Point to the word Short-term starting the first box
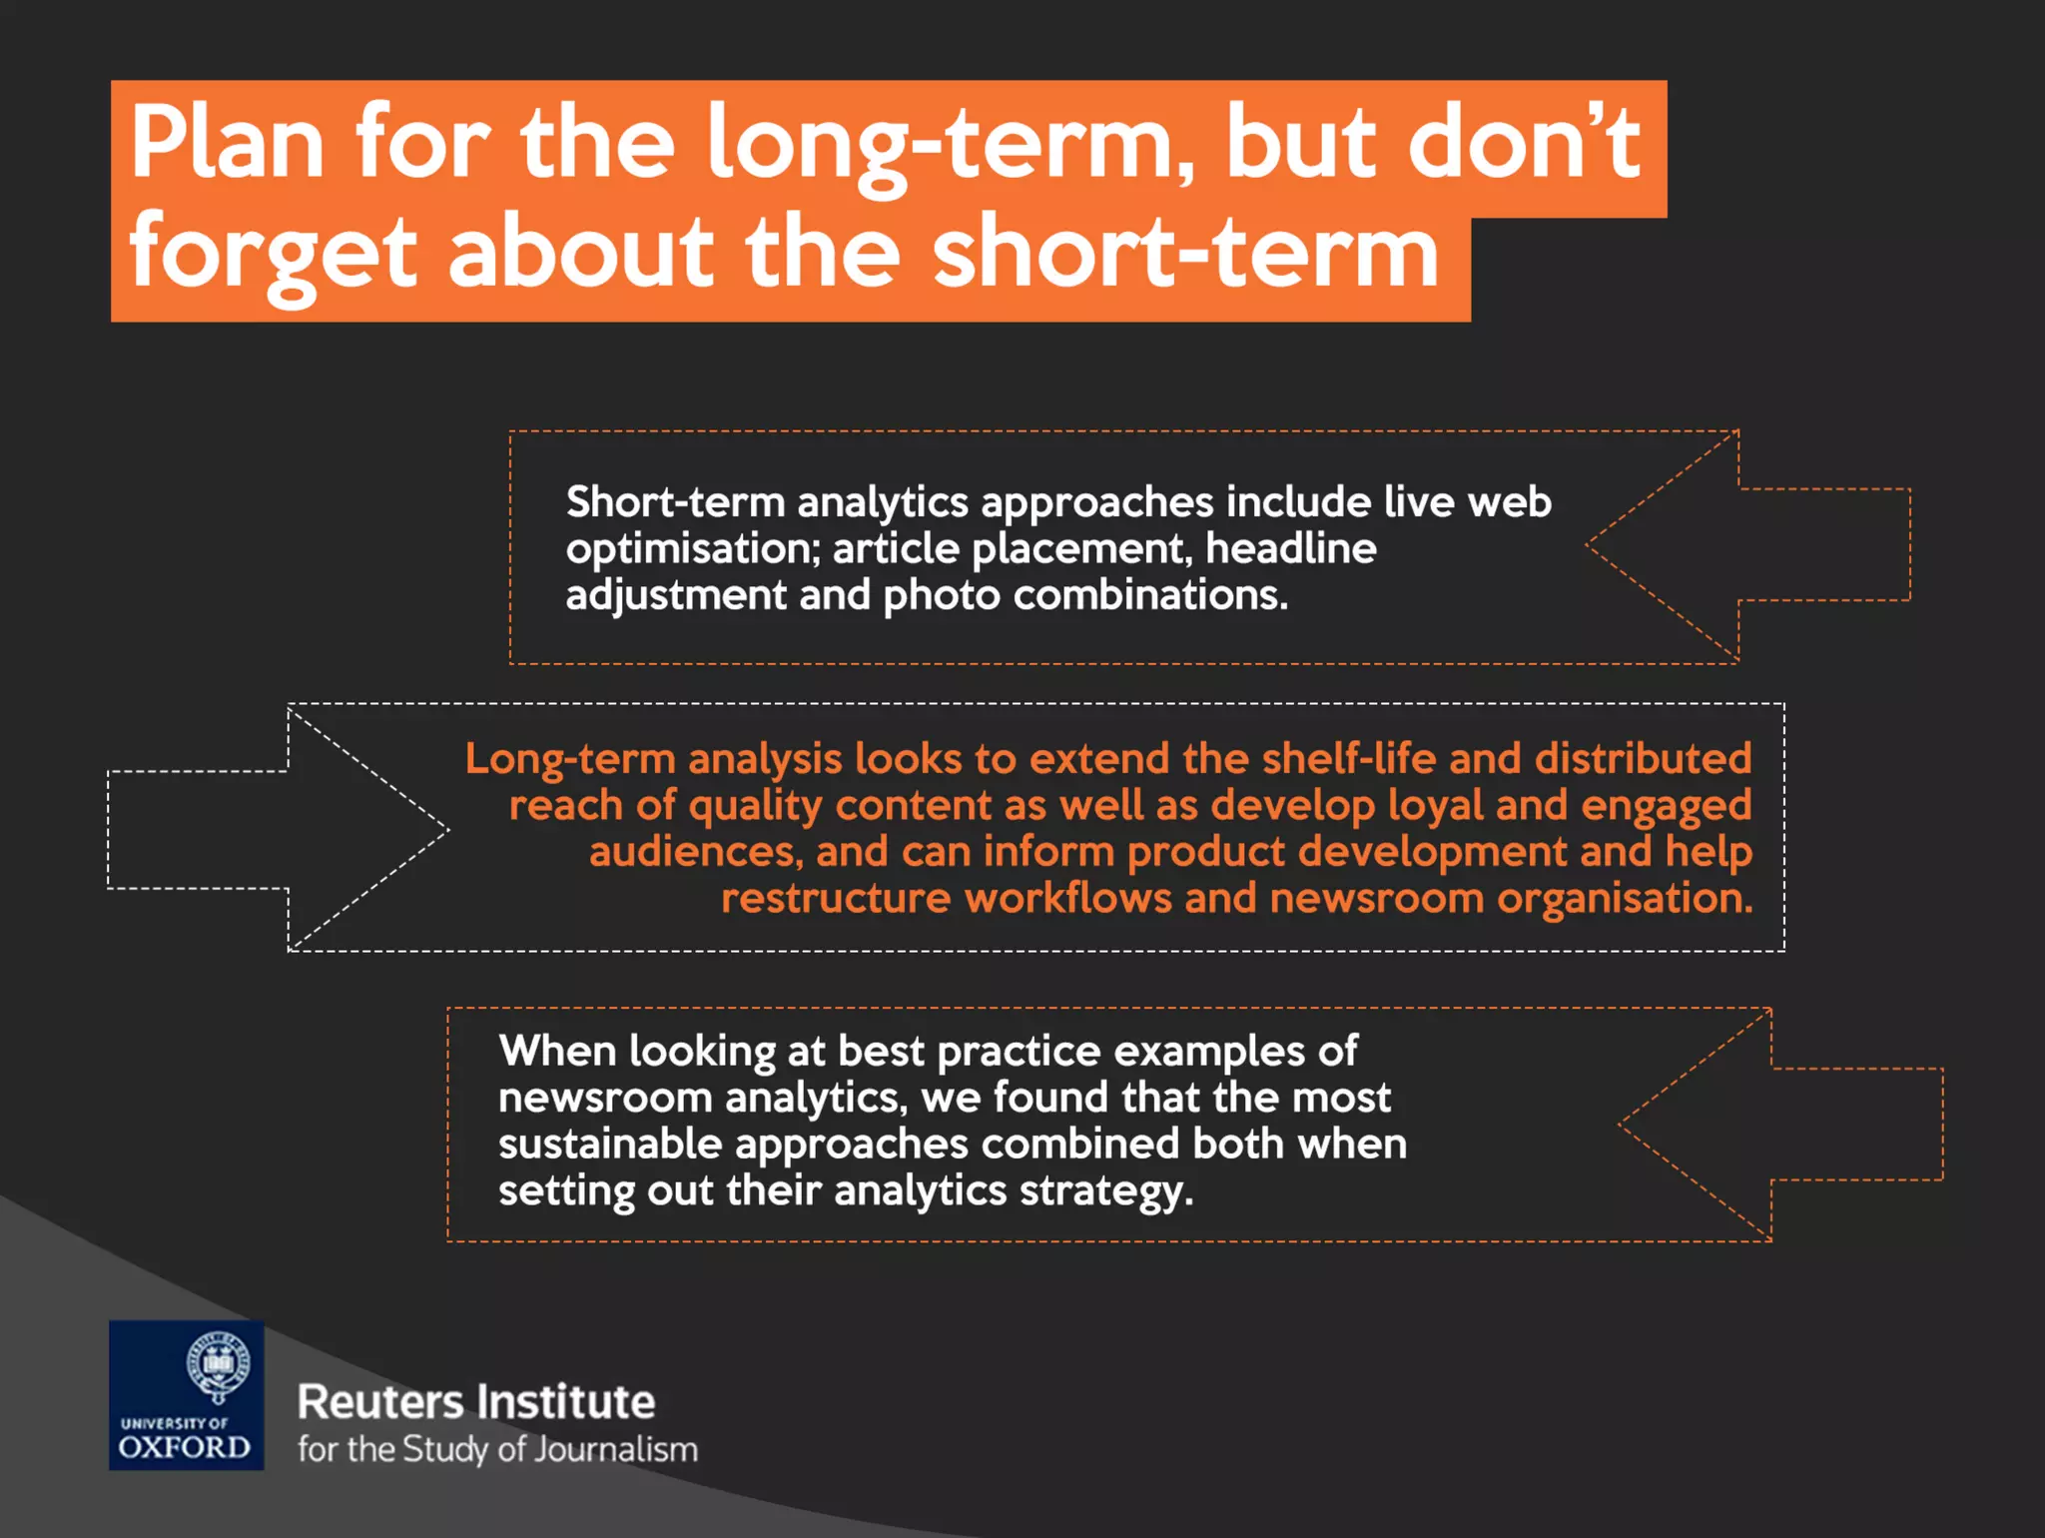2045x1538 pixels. pos(675,502)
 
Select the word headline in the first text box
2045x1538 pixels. pos(1290,548)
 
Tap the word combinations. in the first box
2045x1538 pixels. pos(1150,595)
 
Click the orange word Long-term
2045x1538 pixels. pos(570,759)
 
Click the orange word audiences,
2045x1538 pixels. pos(696,852)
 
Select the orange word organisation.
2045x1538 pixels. pos(1625,899)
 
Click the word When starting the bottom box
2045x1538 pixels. pos(557,1051)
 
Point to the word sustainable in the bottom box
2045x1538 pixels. pos(610,1145)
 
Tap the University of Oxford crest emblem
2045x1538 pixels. pos(218,1365)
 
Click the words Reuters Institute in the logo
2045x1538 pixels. pos(476,1402)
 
